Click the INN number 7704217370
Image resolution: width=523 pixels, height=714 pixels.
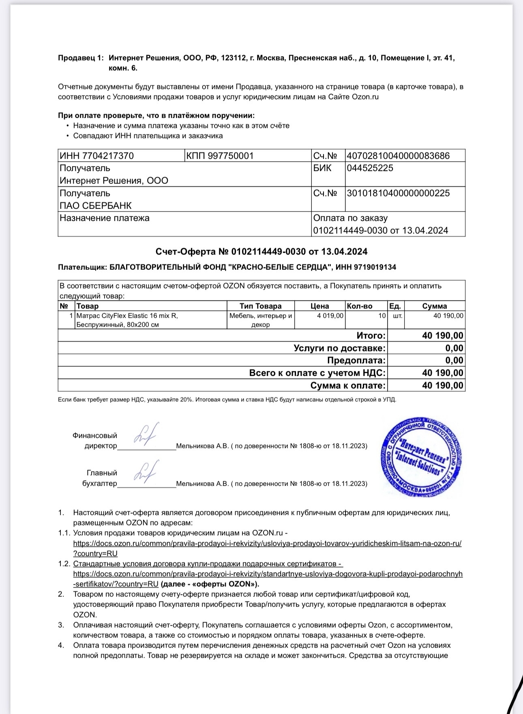[x=108, y=156]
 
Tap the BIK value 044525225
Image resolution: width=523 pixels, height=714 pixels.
[x=370, y=168]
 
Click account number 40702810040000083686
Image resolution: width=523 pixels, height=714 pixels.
[x=398, y=156]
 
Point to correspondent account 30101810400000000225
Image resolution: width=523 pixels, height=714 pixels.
[x=398, y=193]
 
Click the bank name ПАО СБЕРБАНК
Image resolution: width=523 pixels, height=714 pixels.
[x=96, y=206]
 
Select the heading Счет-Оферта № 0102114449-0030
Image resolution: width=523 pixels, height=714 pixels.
[x=261, y=252]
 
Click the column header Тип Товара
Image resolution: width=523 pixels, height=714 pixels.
[x=260, y=306]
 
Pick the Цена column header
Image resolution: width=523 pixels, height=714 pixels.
[x=319, y=306]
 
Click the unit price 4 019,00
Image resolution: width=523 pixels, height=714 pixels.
[x=330, y=316]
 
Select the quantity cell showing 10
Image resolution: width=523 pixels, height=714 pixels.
[x=382, y=316]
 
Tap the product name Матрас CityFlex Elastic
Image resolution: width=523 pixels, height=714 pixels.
[x=127, y=316]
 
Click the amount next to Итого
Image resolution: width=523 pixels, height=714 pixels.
[x=442, y=335]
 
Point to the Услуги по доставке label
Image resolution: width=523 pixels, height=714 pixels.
[x=339, y=348]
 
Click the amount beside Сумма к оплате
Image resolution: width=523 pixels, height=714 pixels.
[x=442, y=385]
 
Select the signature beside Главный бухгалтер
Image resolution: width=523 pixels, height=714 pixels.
[x=146, y=472]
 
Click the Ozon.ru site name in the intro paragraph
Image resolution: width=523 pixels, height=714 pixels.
[x=365, y=97]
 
